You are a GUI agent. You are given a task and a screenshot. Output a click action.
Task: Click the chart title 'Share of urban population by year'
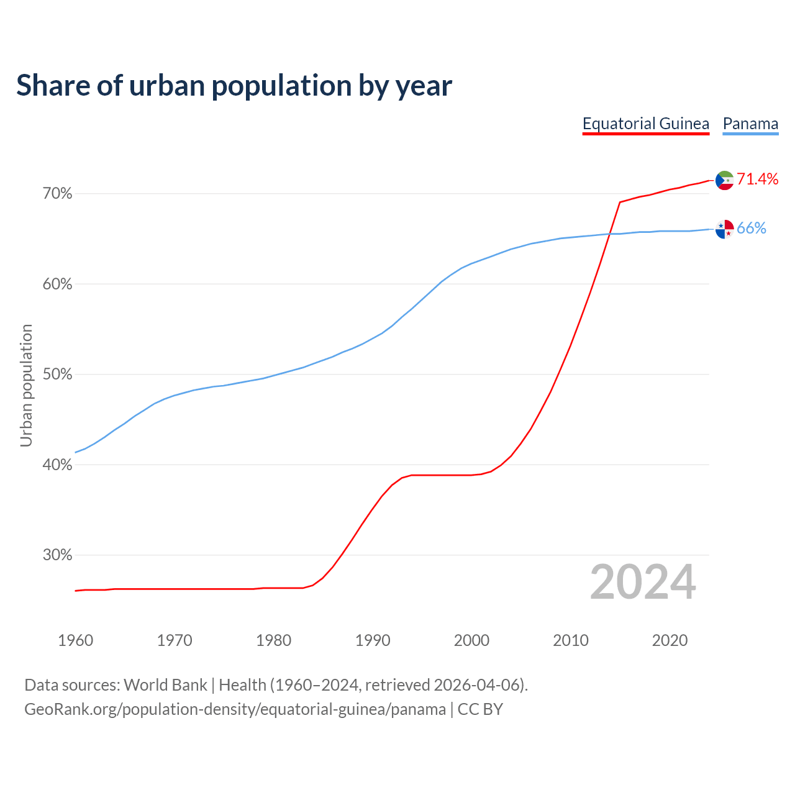click(x=234, y=86)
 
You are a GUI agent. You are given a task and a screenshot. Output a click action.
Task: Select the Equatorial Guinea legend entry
click(x=645, y=124)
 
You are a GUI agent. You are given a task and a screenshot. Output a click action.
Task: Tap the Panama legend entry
click(x=750, y=124)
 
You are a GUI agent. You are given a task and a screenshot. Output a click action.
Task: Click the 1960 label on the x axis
click(x=75, y=640)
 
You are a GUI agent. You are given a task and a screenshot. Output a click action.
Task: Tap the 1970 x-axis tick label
click(x=175, y=640)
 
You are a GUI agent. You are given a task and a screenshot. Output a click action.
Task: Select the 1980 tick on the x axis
click(x=273, y=640)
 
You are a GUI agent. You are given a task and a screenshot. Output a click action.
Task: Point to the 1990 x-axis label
click(x=373, y=640)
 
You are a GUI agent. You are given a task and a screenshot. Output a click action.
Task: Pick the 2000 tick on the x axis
click(x=471, y=640)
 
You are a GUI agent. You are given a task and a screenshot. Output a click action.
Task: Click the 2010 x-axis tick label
click(x=571, y=640)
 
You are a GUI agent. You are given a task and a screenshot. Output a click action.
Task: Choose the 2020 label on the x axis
click(x=670, y=640)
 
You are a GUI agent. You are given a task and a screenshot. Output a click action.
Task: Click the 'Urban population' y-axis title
click(x=26, y=385)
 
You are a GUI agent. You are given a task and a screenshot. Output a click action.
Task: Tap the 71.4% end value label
click(x=758, y=179)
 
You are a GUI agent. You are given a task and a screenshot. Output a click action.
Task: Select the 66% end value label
click(x=752, y=229)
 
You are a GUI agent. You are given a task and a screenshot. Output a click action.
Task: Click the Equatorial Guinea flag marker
click(x=724, y=180)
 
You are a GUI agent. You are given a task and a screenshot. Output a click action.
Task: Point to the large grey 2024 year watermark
click(x=643, y=583)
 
